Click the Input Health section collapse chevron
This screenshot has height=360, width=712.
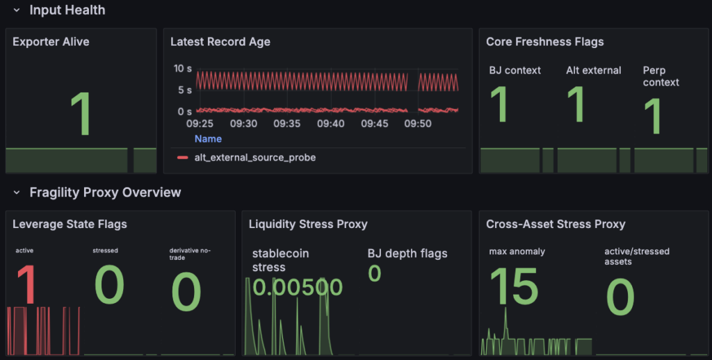(x=17, y=10)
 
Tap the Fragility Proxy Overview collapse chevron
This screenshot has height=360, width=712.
(x=17, y=193)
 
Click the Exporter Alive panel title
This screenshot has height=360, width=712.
(x=51, y=42)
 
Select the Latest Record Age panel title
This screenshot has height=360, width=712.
(x=220, y=42)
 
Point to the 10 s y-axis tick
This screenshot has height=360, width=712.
(x=183, y=69)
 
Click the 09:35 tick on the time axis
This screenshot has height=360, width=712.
(x=287, y=124)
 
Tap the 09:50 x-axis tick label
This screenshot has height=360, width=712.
(x=418, y=124)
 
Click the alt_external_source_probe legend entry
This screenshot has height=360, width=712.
(x=247, y=158)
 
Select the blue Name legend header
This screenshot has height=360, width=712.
(x=208, y=139)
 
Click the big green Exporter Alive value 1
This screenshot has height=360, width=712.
(x=81, y=113)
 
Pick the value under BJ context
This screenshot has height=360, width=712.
(x=499, y=104)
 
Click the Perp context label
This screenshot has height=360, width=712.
(x=661, y=76)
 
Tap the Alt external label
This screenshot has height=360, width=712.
(x=594, y=70)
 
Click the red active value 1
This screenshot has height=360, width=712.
(x=27, y=285)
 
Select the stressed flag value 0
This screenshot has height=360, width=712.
(x=109, y=285)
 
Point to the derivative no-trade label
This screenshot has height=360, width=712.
(x=190, y=254)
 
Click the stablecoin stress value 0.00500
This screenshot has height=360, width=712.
(x=298, y=287)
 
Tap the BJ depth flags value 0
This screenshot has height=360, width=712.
(x=375, y=273)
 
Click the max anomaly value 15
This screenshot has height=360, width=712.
(x=514, y=286)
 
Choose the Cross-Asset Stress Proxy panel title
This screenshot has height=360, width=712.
(x=556, y=224)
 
